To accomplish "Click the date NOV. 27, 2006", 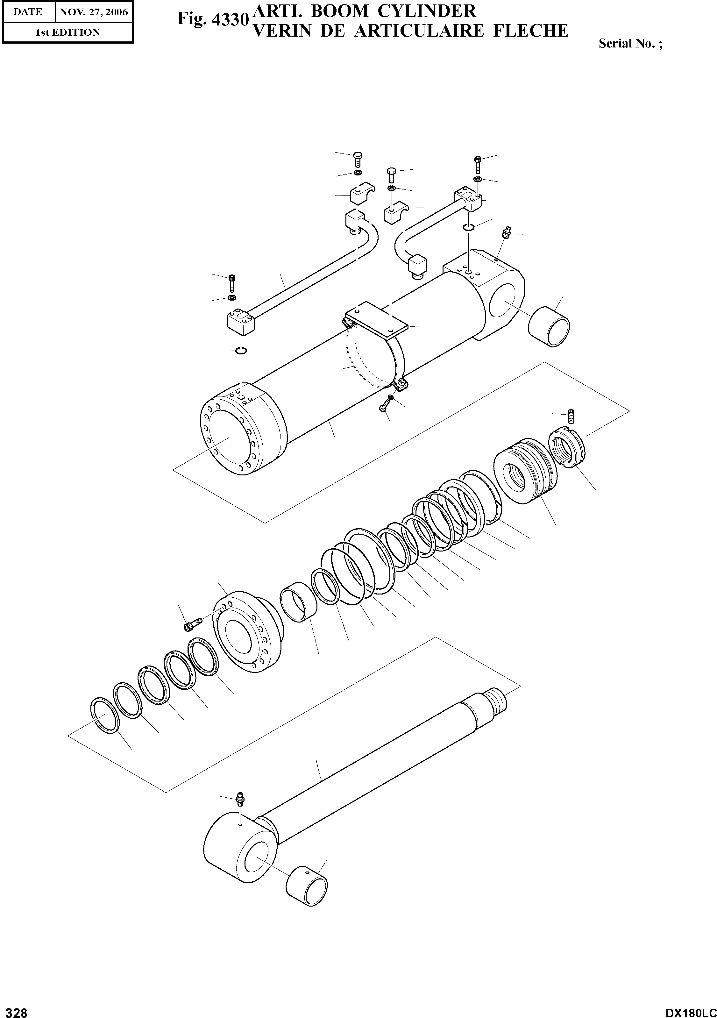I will tap(94, 12).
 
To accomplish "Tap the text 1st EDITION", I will tap(67, 32).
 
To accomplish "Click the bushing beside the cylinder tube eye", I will tap(549, 327).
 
